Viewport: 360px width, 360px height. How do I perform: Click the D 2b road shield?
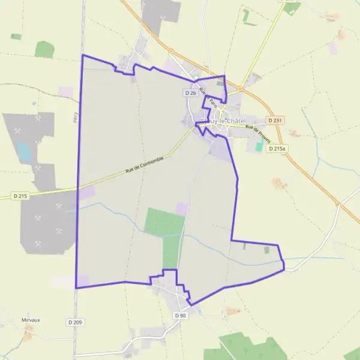191,93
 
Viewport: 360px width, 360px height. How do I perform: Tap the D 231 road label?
275,120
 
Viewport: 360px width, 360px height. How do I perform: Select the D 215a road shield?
277,148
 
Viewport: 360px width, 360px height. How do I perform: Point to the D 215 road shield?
20,196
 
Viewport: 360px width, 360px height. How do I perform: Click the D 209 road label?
75,323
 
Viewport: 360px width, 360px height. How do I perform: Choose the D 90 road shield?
181,316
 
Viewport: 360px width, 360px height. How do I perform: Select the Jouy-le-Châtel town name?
226,121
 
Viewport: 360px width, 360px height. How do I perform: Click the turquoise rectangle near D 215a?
259,146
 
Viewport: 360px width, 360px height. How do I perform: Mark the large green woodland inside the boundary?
165,231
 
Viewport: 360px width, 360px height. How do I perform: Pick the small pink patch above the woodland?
181,209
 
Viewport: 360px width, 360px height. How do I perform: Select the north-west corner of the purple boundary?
82,55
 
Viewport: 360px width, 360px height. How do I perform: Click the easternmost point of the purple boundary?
284,269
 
